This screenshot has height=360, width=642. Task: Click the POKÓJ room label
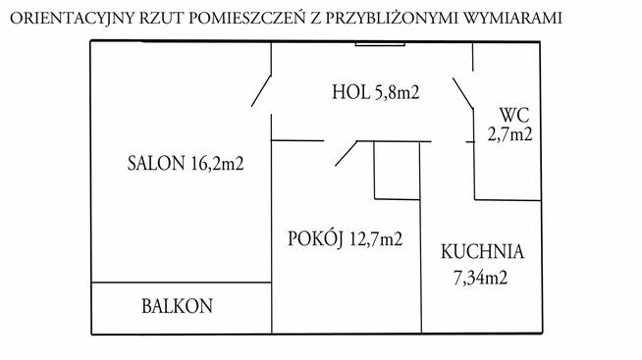(x=313, y=237)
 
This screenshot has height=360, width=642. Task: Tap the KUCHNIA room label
(x=482, y=250)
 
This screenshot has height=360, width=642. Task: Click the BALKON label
(x=175, y=306)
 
